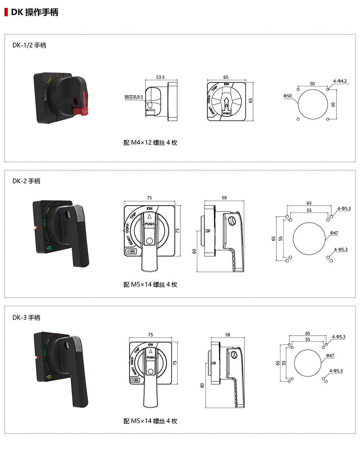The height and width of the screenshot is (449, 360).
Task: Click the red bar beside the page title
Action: click(x=6, y=12)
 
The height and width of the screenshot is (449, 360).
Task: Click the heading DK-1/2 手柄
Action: click(x=29, y=45)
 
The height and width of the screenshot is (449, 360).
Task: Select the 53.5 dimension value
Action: click(x=160, y=77)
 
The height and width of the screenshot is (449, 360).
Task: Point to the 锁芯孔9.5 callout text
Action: click(x=134, y=97)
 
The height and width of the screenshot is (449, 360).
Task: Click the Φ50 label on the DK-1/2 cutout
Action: click(x=287, y=96)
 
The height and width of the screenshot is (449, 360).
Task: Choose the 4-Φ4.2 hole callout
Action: click(x=340, y=81)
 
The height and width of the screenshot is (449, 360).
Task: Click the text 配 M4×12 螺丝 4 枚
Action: click(x=150, y=142)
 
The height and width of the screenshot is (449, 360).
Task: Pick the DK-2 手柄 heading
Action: click(x=26, y=181)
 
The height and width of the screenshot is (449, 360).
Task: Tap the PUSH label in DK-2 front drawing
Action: click(x=149, y=224)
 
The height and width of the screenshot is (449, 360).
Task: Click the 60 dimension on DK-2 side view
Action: click(x=194, y=251)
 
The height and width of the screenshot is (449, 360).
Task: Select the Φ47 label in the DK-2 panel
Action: click(x=334, y=233)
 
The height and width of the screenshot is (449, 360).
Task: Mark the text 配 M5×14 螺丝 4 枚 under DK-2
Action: click(x=150, y=285)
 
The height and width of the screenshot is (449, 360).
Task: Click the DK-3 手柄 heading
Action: click(x=26, y=318)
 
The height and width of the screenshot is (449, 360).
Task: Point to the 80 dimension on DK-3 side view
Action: click(x=202, y=385)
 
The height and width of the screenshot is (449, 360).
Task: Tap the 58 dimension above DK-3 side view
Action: click(x=228, y=335)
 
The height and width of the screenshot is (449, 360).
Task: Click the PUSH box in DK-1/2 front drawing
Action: click(x=226, y=113)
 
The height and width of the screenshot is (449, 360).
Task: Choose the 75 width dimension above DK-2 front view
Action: click(x=149, y=198)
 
